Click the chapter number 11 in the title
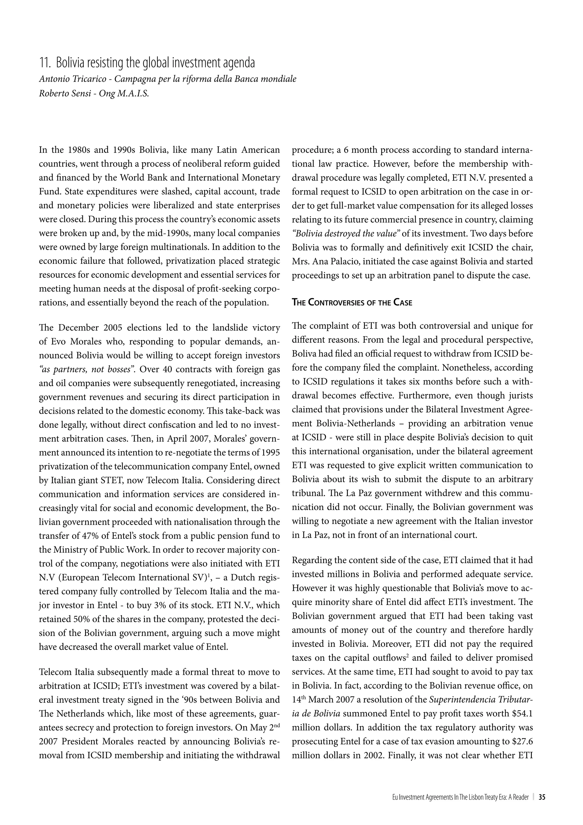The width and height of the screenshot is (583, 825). click(x=44, y=63)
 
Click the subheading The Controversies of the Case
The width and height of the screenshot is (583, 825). click(x=352, y=303)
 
